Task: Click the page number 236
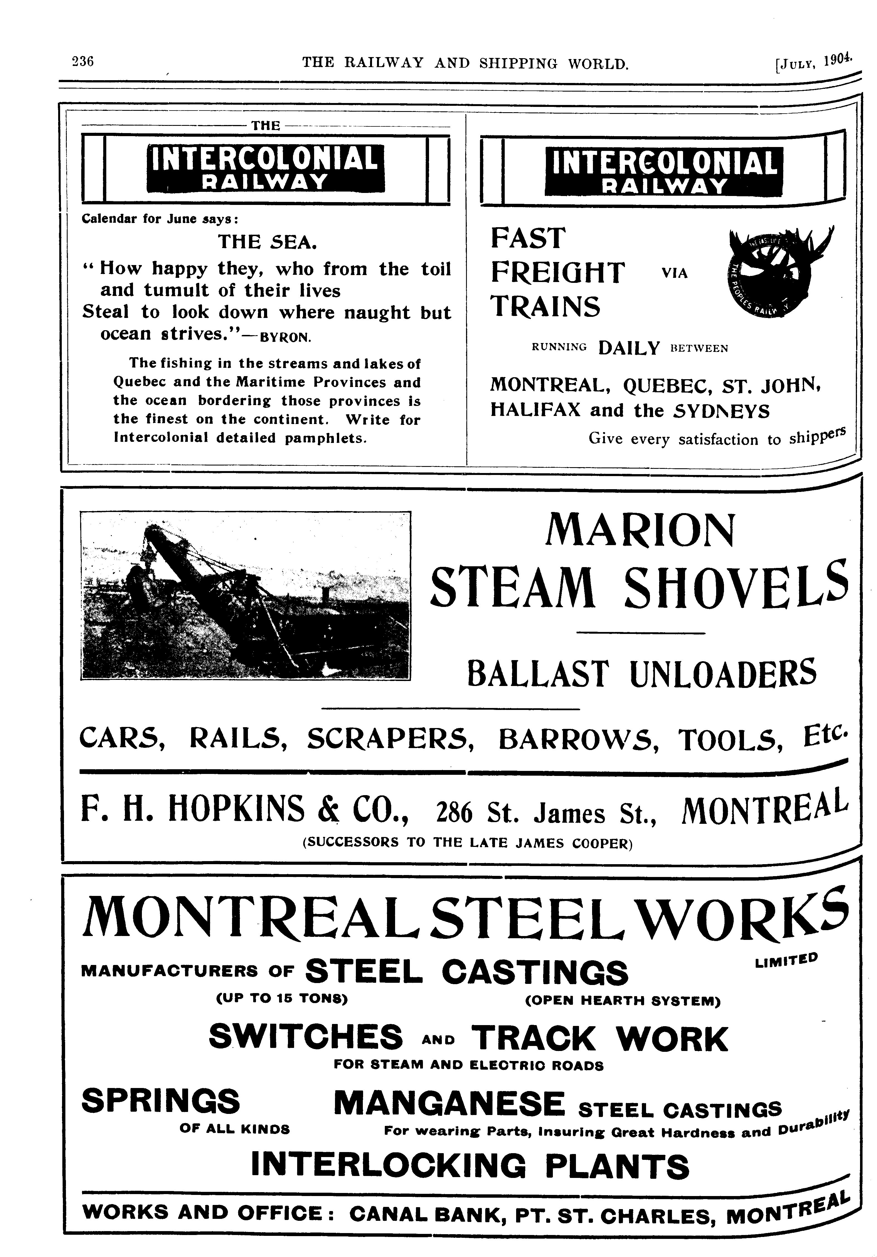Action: pyautogui.click(x=83, y=61)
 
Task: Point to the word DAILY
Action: pyautogui.click(x=629, y=348)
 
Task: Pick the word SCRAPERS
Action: pyautogui.click(x=390, y=739)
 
